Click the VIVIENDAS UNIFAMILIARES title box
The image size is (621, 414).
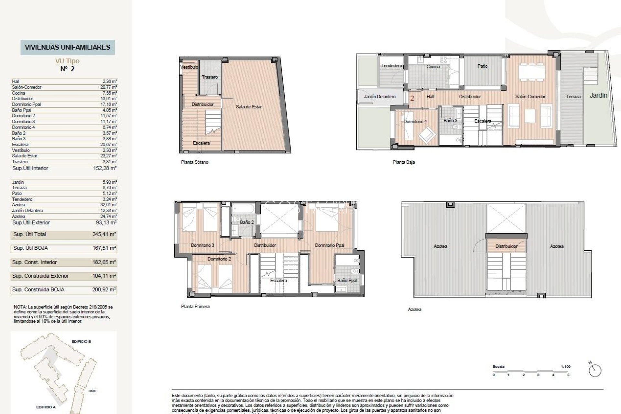pyautogui.click(x=68, y=47)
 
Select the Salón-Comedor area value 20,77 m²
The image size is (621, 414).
pyautogui.click(x=108, y=87)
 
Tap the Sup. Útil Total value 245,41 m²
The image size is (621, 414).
pyautogui.click(x=104, y=234)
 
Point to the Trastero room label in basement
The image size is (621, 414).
pyautogui.click(x=210, y=77)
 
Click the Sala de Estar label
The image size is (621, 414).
pyautogui.click(x=249, y=107)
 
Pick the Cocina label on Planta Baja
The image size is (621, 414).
pyautogui.click(x=433, y=67)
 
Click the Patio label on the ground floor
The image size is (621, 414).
pyautogui.click(x=482, y=66)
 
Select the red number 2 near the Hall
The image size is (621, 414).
pyautogui.click(x=412, y=98)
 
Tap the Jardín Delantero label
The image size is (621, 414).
pyautogui.click(x=379, y=96)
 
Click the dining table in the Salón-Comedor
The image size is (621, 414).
pyautogui.click(x=531, y=72)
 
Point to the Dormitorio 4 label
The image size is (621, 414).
pyautogui.click(x=415, y=121)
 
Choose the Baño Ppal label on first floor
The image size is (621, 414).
pyautogui.click(x=347, y=280)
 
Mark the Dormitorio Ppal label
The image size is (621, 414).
pyautogui.click(x=330, y=245)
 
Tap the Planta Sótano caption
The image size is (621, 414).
pyautogui.click(x=194, y=162)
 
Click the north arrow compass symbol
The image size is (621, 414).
pyautogui.click(x=595, y=370)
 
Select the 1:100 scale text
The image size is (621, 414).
pyautogui.click(x=565, y=366)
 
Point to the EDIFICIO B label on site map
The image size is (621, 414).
pyautogui.click(x=81, y=342)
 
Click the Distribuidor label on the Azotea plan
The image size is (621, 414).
pyautogui.click(x=506, y=246)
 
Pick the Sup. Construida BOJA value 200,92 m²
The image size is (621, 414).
pyautogui.click(x=104, y=290)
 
